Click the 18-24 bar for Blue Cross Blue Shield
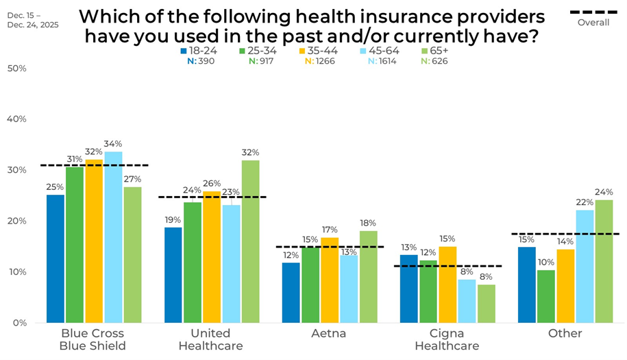(56, 259)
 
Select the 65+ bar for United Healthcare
(250, 241)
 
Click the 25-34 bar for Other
(546, 296)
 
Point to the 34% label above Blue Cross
(114, 144)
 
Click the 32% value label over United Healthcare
(251, 153)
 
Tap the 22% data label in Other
(585, 202)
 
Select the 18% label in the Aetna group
(368, 223)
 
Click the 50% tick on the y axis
(16, 69)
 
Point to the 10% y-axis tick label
(16, 272)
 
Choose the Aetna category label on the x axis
(329, 334)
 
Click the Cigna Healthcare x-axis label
(447, 339)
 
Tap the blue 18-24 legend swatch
(184, 51)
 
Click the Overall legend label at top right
(593, 23)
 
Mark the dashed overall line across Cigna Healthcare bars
(447, 266)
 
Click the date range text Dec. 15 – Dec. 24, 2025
(34, 19)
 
